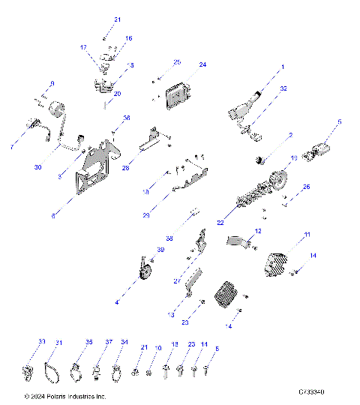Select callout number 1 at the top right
click(283, 67)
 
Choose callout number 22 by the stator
click(220, 223)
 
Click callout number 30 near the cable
click(37, 167)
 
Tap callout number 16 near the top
click(128, 37)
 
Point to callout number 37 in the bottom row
click(108, 342)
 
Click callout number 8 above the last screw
click(217, 348)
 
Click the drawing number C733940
click(316, 391)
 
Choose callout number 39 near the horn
click(160, 249)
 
